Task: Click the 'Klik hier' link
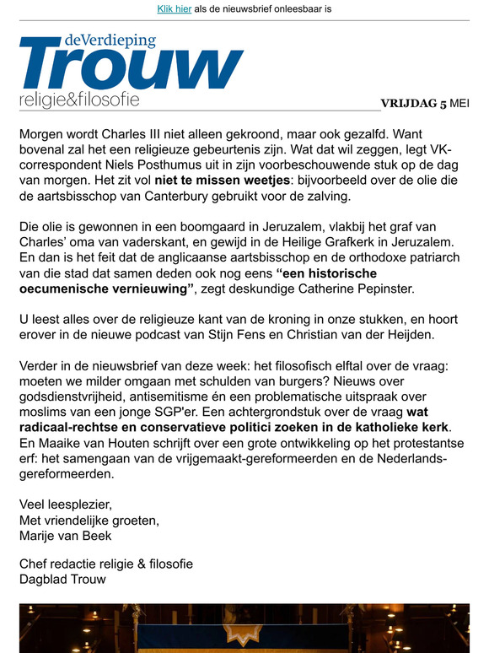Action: (175, 9)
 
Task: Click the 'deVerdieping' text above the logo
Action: (110, 40)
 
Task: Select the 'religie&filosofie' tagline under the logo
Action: (79, 100)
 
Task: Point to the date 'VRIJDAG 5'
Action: (413, 104)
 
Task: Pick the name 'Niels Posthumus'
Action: (132, 166)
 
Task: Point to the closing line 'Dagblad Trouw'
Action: (62, 579)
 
